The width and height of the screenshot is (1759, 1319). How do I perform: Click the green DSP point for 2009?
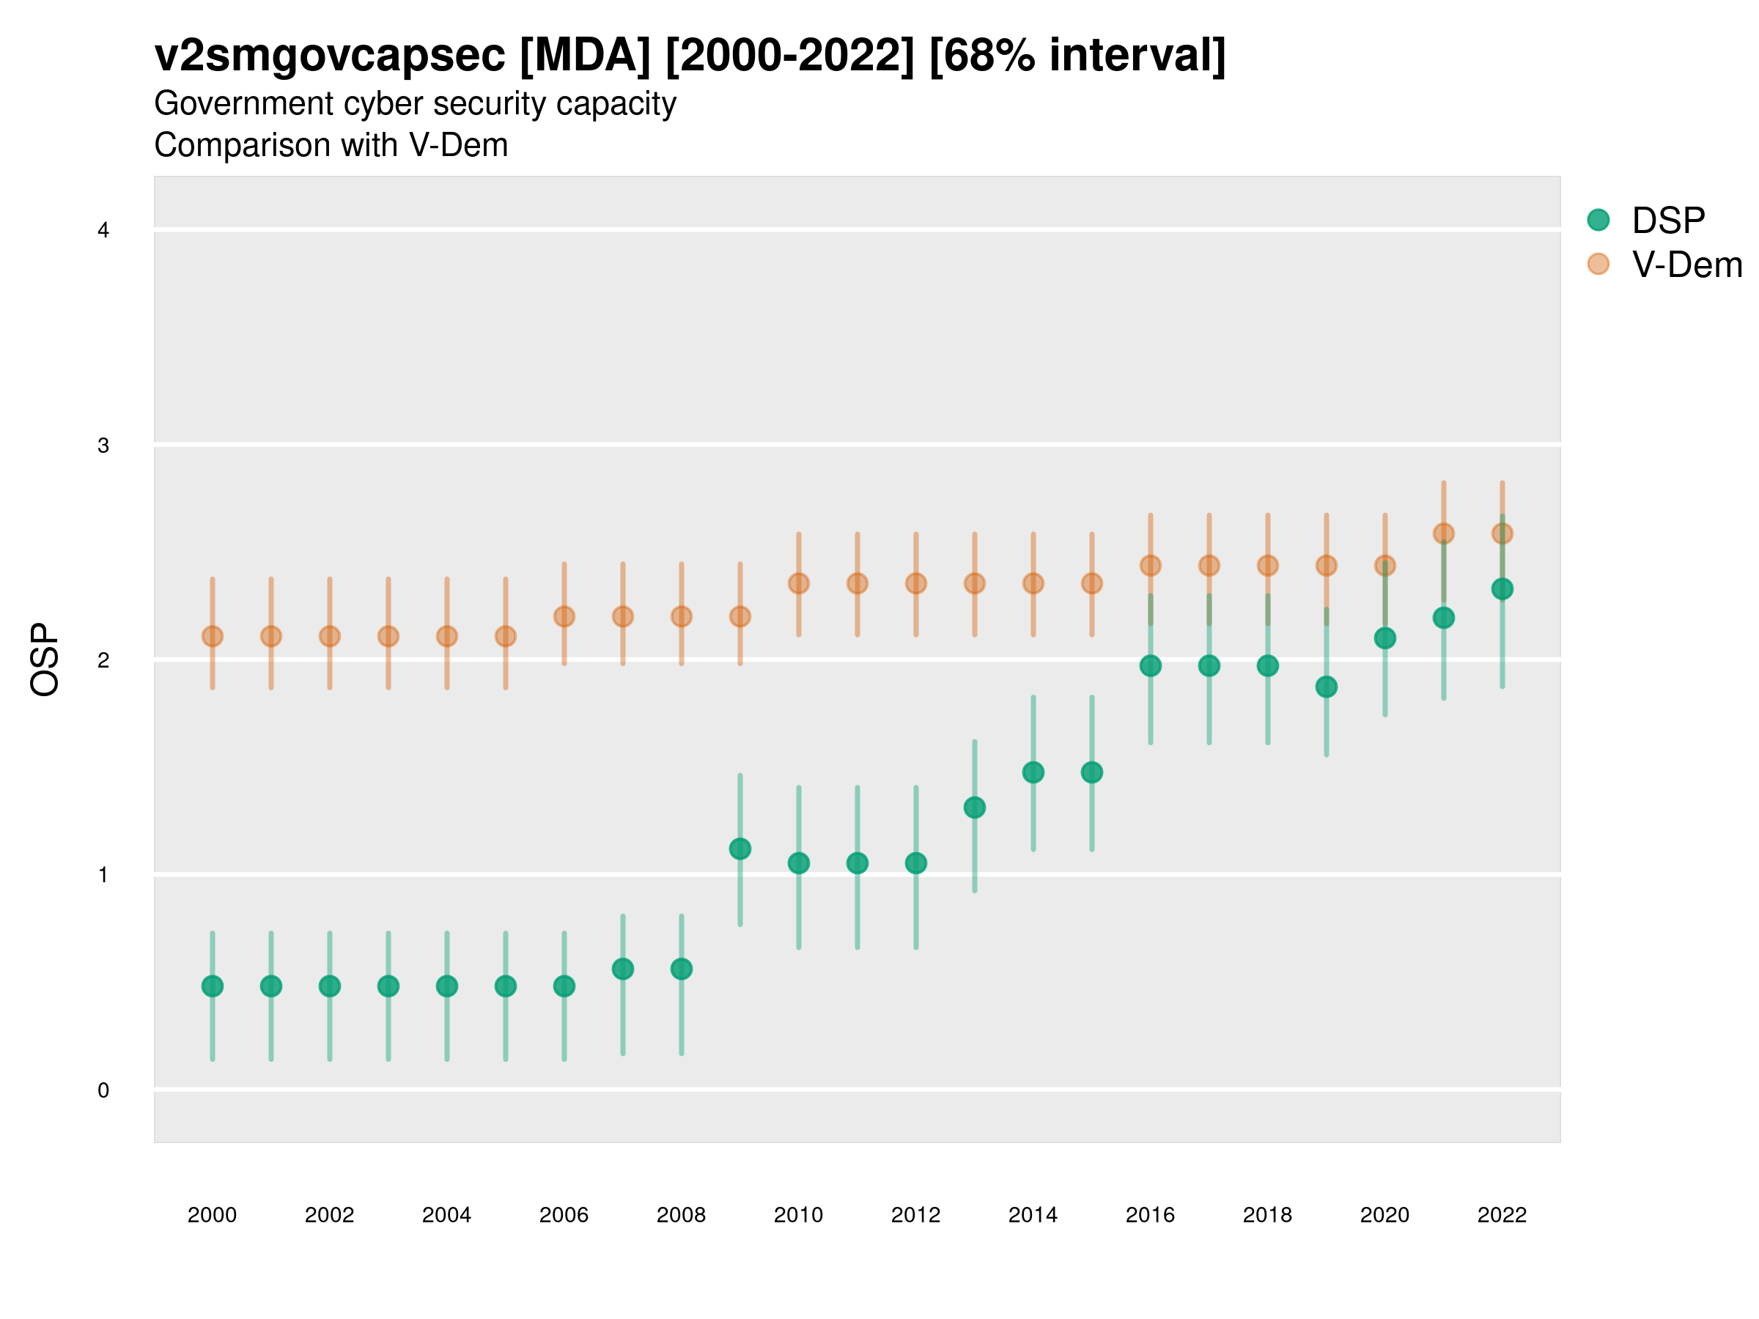click(x=740, y=849)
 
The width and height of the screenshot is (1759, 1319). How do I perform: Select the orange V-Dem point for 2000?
click(x=213, y=636)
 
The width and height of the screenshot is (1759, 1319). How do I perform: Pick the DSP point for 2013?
click(x=974, y=808)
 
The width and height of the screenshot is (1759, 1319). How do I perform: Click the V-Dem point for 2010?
click(x=798, y=583)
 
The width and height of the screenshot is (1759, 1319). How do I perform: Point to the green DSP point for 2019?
click(x=1327, y=687)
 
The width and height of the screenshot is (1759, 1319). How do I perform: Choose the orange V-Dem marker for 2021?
click(x=1443, y=533)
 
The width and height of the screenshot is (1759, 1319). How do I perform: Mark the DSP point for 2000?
click(x=213, y=986)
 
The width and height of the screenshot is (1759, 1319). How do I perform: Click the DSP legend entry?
click(x=1667, y=221)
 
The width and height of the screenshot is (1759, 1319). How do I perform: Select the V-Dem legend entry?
click(x=1686, y=265)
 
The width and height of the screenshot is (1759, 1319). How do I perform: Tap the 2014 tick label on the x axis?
click(x=1033, y=1215)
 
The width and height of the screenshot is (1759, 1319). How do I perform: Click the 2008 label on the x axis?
click(x=681, y=1215)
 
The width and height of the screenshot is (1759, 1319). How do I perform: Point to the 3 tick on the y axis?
click(x=103, y=446)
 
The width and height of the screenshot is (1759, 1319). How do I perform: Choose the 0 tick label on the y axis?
click(x=103, y=1090)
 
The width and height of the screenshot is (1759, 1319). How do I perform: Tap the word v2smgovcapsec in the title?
click(x=329, y=56)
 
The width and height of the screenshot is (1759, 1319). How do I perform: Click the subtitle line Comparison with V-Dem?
click(x=331, y=146)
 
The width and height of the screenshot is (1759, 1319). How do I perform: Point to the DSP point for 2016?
click(x=1150, y=665)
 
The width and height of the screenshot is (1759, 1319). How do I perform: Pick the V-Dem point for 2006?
click(x=564, y=616)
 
